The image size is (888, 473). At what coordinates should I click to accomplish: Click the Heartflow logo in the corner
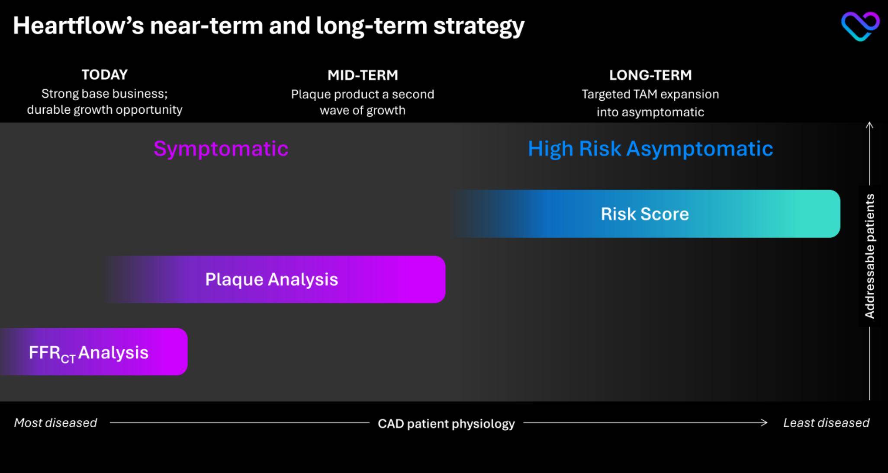point(860,26)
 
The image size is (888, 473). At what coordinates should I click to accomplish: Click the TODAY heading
point(105,75)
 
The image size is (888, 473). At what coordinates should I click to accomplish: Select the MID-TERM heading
point(363,75)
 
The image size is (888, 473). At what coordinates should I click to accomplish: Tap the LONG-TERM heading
point(650,75)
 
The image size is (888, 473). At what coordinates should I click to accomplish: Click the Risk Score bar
point(647,214)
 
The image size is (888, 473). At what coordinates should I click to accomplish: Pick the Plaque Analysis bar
point(275,279)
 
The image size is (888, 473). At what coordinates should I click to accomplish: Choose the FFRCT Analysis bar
point(93,352)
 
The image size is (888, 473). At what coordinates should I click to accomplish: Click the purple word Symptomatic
point(221,149)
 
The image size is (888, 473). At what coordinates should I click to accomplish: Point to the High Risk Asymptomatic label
point(650,149)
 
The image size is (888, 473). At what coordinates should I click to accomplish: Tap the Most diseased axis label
point(55,423)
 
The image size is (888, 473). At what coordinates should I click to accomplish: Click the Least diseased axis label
point(826,423)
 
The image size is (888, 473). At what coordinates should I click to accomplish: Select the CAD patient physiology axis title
point(446,424)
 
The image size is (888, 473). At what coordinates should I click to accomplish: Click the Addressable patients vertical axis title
point(870,256)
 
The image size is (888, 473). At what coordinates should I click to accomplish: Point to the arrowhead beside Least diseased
point(765,422)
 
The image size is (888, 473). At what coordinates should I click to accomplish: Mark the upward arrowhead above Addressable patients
point(869,125)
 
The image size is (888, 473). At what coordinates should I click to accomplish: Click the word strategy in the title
point(479,26)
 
